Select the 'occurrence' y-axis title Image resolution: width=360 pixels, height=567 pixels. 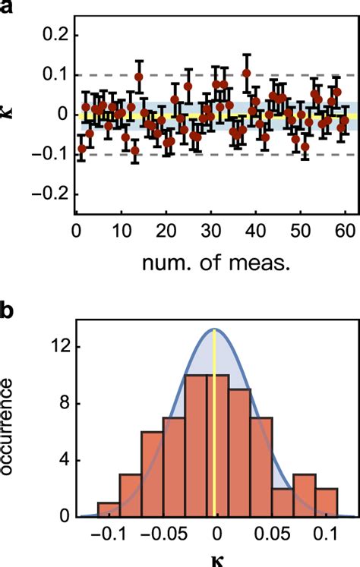tap(9, 428)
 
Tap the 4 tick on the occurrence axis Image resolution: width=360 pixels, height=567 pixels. tap(54, 461)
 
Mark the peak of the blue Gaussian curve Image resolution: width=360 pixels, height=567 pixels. tap(216, 329)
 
